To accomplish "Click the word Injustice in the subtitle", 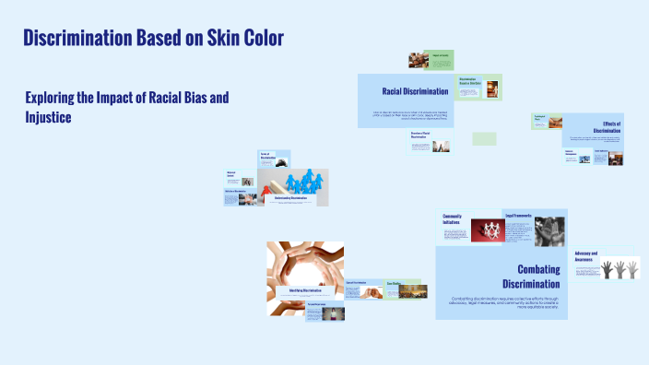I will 48,117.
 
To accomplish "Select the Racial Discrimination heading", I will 415,91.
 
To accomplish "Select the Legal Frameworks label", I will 518,215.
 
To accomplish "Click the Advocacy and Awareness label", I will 586,256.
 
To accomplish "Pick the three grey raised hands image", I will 619,267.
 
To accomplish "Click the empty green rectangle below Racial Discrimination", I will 484,138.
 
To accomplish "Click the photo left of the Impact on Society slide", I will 419,60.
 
